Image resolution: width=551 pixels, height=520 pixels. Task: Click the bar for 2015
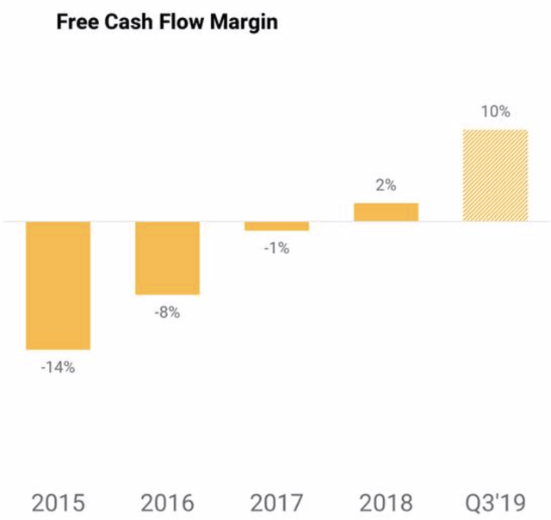click(x=58, y=286)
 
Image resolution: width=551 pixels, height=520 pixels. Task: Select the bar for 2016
click(x=168, y=258)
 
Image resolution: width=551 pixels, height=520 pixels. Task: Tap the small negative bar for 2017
click(x=277, y=226)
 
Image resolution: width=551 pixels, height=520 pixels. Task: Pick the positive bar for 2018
click(x=387, y=212)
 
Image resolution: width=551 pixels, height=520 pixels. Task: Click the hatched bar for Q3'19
click(x=496, y=176)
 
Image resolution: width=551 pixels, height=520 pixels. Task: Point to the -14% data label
click(x=58, y=368)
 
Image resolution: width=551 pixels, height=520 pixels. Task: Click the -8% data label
click(x=167, y=313)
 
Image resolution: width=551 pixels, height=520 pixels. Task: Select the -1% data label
click(x=277, y=249)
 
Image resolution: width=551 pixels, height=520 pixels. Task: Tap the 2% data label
click(x=386, y=185)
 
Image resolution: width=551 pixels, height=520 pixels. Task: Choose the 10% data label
click(x=496, y=112)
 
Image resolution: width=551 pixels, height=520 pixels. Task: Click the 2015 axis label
click(x=59, y=503)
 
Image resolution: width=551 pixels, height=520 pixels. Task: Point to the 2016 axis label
click(x=168, y=503)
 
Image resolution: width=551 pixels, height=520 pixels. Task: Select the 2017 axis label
click(x=277, y=503)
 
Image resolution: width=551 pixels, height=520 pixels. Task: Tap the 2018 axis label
click(x=387, y=503)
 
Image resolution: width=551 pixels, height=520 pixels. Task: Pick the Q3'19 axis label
click(x=496, y=503)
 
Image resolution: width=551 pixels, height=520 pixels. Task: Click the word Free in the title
click(x=77, y=22)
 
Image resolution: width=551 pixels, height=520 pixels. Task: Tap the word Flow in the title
click(x=182, y=22)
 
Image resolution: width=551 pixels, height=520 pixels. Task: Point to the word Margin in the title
click(x=244, y=23)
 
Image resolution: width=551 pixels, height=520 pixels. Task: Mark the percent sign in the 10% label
click(x=504, y=112)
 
